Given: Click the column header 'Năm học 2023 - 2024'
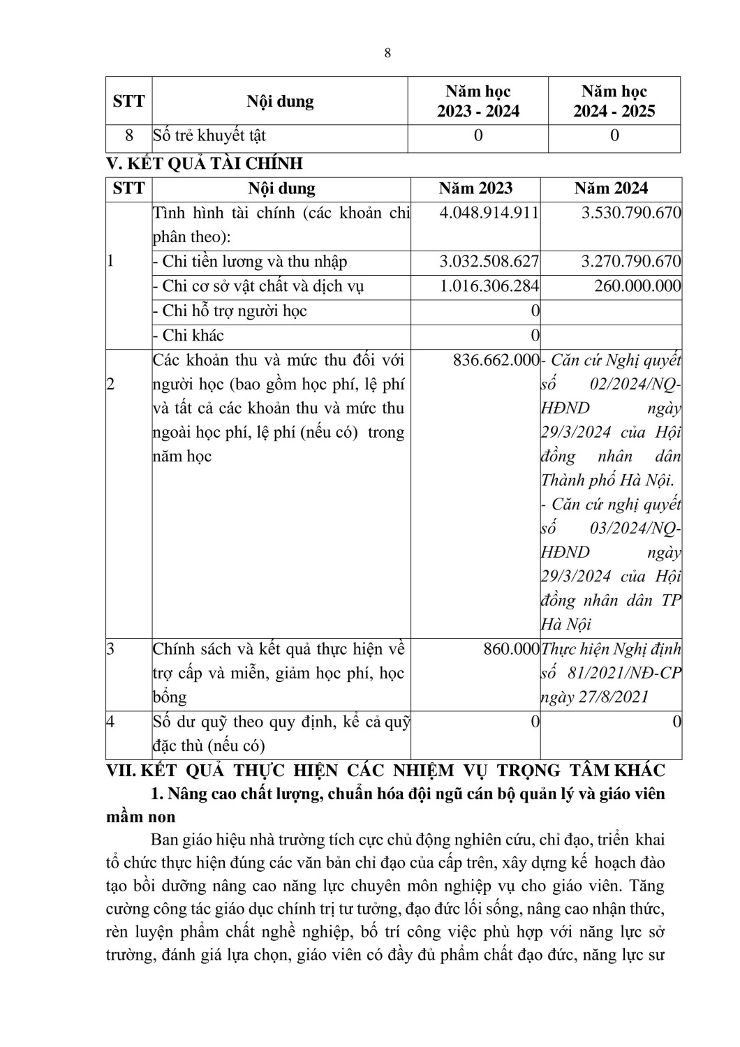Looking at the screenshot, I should (478, 101).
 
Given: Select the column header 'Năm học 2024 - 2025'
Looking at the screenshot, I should (614, 101).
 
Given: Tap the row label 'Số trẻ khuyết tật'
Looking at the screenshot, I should (209, 135).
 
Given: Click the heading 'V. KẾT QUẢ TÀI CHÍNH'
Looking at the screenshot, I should (205, 164).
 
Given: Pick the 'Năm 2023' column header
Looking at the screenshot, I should (475, 188).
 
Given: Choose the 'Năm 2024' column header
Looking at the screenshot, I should (611, 188).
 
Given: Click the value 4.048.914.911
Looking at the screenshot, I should (489, 213).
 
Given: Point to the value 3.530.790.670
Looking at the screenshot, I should (631, 213).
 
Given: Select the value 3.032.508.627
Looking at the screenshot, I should (489, 262).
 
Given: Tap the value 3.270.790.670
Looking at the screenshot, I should (631, 262).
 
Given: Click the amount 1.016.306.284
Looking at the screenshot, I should (489, 286).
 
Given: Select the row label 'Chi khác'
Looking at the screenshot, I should (193, 335).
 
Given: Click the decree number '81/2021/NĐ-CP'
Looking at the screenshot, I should (627, 673).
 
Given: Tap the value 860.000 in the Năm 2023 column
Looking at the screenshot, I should (511, 649).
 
